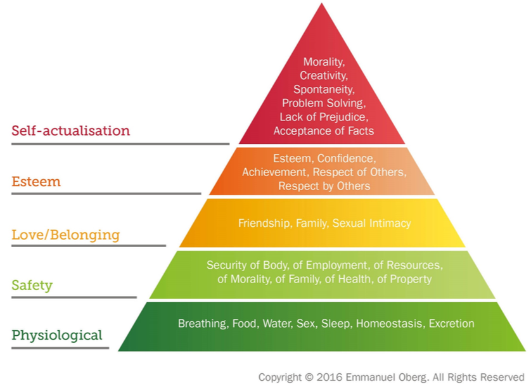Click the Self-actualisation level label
70,131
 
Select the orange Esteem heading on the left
36,182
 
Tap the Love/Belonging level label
65,234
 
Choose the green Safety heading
32,285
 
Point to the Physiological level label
56,335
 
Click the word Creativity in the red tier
321,76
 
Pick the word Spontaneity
323,89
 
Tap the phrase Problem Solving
323,103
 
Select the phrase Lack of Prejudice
323,117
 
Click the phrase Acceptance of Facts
323,131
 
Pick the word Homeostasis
389,324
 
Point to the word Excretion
451,324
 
